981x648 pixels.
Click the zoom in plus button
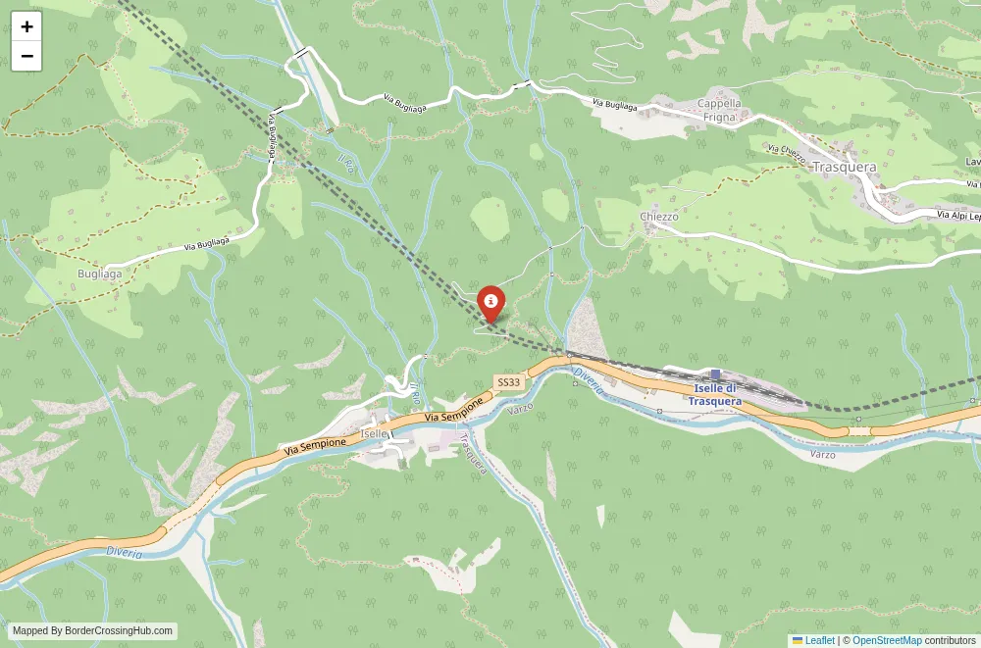point(26,26)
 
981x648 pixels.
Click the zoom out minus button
point(26,56)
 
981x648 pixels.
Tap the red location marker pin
point(490,303)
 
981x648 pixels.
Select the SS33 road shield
point(508,382)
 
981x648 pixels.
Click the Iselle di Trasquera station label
point(714,395)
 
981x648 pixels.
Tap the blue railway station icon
point(715,374)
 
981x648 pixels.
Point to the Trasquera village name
point(844,167)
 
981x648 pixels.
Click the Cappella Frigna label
point(719,109)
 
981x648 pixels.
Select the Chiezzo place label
point(659,217)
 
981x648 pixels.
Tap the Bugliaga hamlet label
point(101,274)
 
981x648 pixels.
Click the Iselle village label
point(375,433)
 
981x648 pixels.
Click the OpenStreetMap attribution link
point(887,640)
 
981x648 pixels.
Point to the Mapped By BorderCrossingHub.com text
point(92,631)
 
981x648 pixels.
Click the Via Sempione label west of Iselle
point(315,444)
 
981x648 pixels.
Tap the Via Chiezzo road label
point(787,154)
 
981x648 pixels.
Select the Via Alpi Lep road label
point(957,215)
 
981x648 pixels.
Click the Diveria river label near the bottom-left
point(125,554)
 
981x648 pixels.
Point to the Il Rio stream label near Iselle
point(416,394)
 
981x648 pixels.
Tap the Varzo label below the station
point(822,455)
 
